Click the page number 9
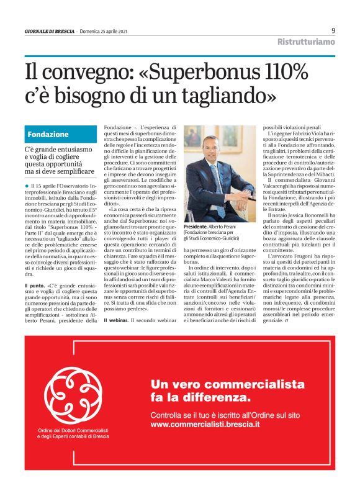pyautogui.click(x=333, y=30)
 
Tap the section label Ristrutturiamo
pyautogui.click(x=306, y=42)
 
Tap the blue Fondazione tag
pyautogui.click(x=48, y=134)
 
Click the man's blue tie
pyautogui.click(x=220, y=180)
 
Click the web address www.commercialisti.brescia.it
pyautogui.click(x=205, y=425)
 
